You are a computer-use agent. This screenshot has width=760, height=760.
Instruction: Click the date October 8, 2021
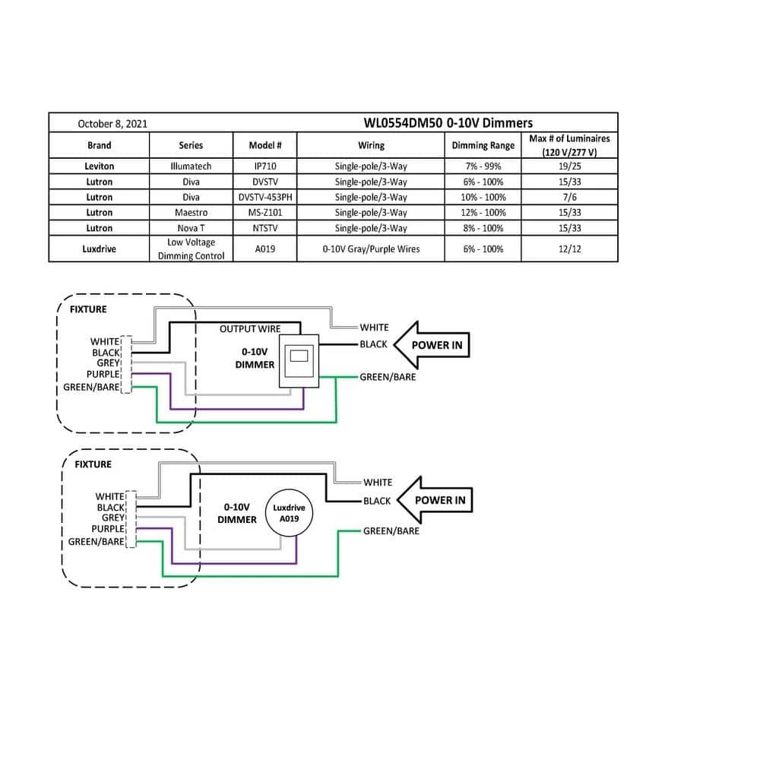coord(112,123)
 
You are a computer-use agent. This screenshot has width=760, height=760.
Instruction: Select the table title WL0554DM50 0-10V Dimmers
coord(448,122)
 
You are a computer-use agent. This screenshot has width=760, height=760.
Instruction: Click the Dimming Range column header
coord(483,145)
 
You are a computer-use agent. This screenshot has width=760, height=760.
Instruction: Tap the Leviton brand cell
coord(99,166)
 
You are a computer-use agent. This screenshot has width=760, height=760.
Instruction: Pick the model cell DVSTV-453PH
coord(265,197)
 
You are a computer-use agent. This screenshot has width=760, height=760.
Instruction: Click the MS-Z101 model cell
coord(265,213)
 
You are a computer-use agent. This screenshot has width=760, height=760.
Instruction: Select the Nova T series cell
coord(191,228)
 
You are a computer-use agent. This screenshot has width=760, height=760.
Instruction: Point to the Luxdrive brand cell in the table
coord(99,249)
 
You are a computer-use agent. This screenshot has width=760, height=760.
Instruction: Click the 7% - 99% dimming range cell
coord(483,166)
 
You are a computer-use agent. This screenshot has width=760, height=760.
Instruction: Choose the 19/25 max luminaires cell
coord(569,166)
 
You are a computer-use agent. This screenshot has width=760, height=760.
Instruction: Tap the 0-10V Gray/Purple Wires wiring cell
coord(371,249)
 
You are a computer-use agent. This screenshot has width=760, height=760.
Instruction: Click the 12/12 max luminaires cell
coord(569,249)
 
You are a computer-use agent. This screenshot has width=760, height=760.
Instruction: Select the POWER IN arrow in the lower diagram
coord(436,500)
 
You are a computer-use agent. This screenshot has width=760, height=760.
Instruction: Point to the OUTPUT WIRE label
coord(249,329)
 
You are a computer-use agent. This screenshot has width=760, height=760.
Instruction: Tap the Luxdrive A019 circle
coord(289,513)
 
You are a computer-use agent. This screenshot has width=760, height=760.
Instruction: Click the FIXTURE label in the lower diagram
coord(93,464)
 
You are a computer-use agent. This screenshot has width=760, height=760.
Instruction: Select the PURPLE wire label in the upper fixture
coord(103,375)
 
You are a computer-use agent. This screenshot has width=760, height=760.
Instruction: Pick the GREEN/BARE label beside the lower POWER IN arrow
coord(391,530)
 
